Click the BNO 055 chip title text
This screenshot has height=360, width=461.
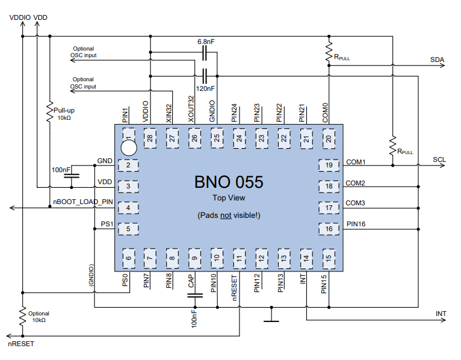click(x=228, y=182)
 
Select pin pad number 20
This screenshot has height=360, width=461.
click(x=329, y=138)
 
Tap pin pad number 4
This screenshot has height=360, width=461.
click(x=128, y=208)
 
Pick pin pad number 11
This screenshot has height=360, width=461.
click(x=239, y=258)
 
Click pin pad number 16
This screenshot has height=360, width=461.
click(x=329, y=229)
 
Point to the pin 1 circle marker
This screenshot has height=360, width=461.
click(x=128, y=146)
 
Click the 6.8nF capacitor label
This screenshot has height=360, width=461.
click(x=206, y=43)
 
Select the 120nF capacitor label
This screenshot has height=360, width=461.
click(x=206, y=88)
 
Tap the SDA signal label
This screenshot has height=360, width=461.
click(x=437, y=60)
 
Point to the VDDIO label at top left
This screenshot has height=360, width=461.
click(x=19, y=17)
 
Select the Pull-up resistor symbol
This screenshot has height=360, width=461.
click(x=49, y=113)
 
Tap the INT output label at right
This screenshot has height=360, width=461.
click(x=441, y=314)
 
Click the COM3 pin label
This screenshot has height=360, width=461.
click(x=356, y=203)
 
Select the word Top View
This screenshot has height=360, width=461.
click(x=228, y=197)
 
